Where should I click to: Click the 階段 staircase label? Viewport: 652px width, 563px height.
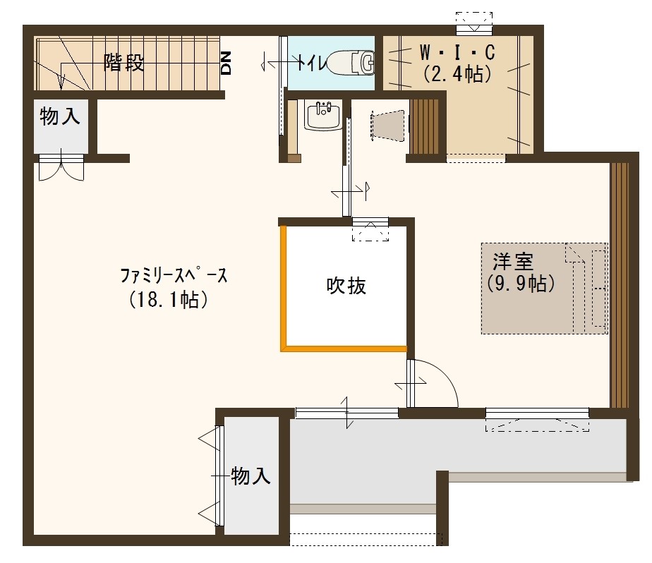point(124,63)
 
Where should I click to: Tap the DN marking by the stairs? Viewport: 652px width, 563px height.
point(227,63)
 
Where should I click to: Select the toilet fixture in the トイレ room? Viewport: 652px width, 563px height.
point(353,63)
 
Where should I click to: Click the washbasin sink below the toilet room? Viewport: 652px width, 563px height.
point(322,116)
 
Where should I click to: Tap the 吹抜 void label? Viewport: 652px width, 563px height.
point(346,286)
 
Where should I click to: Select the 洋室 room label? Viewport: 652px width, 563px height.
point(512,262)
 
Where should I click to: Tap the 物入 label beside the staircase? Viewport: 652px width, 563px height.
point(59,117)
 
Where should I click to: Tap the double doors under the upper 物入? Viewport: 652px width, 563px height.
point(61,168)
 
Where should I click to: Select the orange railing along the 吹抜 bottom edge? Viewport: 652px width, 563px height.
point(345,348)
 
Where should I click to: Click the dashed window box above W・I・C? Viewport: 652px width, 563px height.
point(473,22)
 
